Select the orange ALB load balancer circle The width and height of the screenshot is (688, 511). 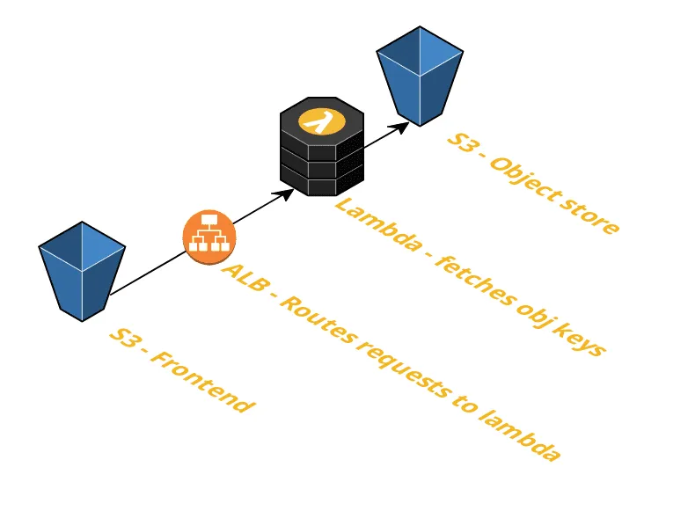click(209, 237)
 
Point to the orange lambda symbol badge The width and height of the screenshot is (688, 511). click(320, 120)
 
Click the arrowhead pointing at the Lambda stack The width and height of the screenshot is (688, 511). click(287, 193)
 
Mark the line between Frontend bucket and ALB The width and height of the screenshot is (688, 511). click(145, 273)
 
